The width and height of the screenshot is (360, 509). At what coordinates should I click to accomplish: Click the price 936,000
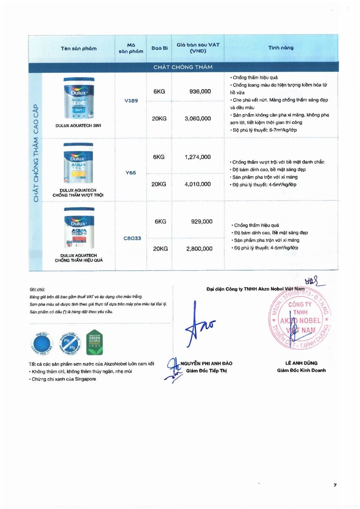pos(198,91)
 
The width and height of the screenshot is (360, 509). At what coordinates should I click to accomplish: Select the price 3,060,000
pos(198,118)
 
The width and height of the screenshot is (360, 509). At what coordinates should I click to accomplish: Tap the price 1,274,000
pos(198,157)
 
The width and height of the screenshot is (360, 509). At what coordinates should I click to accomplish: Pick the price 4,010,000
pos(198,184)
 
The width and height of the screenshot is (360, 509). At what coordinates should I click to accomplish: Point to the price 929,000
pos(202,221)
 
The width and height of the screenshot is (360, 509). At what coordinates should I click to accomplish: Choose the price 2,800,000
pos(199,249)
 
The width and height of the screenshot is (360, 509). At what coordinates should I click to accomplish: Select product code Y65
pos(131,173)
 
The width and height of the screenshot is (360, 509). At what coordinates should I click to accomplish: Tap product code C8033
pos(132,238)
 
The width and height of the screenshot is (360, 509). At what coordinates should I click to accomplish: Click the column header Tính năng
pos(281,48)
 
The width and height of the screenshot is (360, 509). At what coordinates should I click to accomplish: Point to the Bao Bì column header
pos(160,48)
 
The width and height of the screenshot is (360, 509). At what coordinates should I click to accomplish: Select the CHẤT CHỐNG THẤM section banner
pos(183,67)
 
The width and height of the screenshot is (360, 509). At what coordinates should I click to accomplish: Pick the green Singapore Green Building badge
pos(94,342)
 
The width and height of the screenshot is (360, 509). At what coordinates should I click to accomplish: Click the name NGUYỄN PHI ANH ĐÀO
pos(206,364)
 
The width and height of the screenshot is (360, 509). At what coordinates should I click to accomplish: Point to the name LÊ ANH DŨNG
pos(301,363)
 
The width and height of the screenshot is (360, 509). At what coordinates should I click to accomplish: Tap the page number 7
pos(335,485)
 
